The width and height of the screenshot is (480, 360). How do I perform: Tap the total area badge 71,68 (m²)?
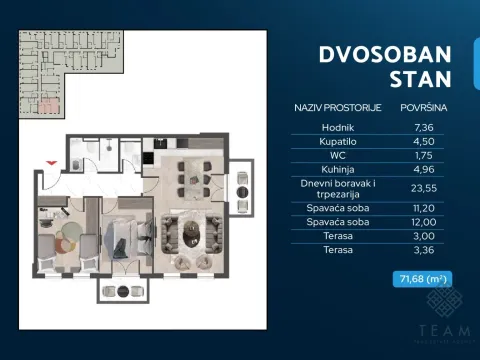tap(422, 280)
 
